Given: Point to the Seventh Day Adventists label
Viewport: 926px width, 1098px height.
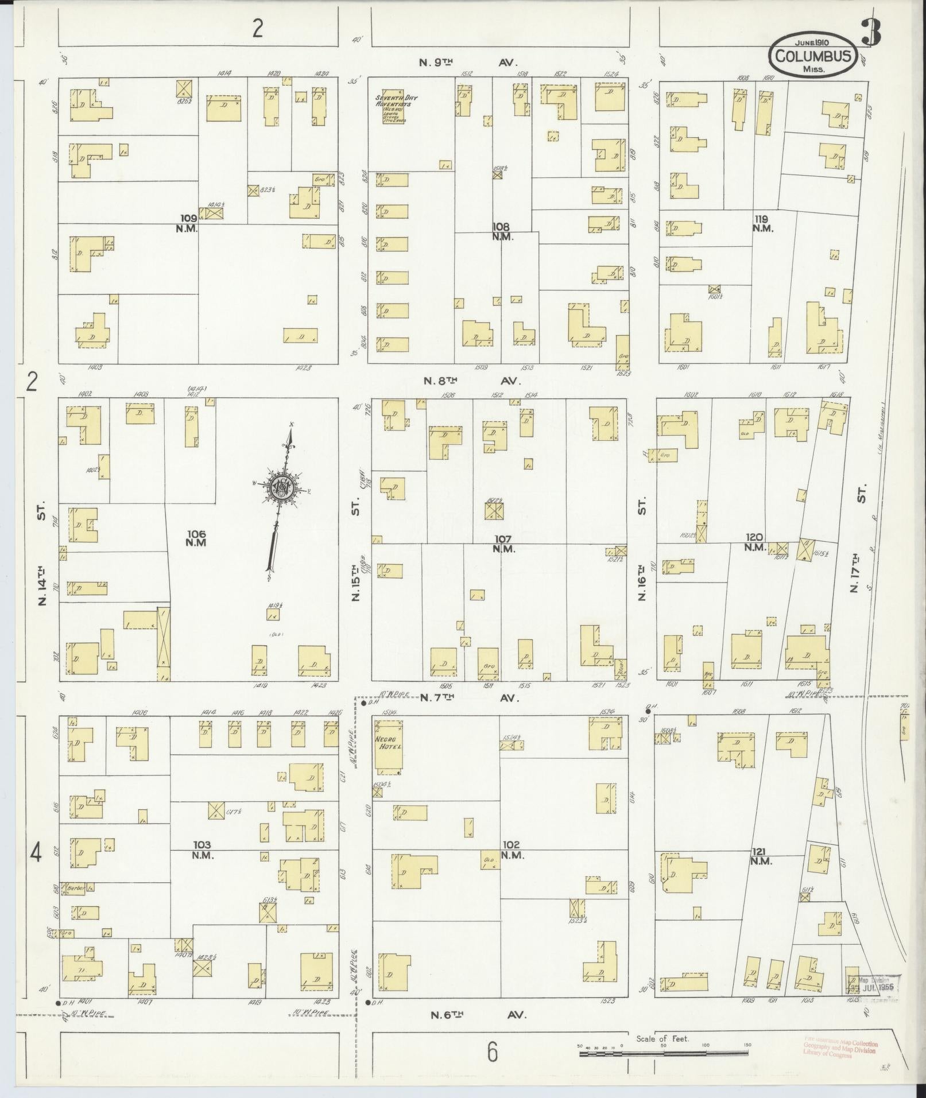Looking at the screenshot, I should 396,101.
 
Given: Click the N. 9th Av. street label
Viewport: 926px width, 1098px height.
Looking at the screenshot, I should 469,62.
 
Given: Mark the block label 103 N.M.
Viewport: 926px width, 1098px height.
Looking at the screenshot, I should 202,849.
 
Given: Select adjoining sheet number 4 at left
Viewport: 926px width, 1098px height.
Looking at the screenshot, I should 36,854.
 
